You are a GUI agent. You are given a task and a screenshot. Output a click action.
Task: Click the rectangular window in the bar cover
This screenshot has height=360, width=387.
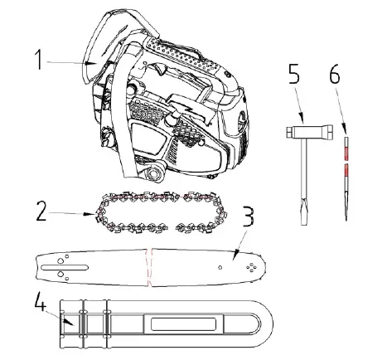click(171, 324)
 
